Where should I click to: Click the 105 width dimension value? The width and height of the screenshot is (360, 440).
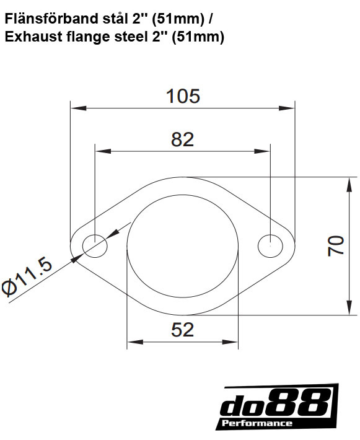point(183,96)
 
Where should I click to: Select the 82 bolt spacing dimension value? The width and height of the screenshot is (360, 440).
point(182,139)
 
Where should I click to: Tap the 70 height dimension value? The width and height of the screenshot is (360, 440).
point(335,245)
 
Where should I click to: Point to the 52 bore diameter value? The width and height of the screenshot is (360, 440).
point(182,329)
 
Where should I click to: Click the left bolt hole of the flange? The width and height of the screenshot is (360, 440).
point(95,245)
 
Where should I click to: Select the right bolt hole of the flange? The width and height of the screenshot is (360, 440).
point(270,245)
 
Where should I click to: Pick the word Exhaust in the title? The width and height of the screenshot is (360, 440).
point(30,37)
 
